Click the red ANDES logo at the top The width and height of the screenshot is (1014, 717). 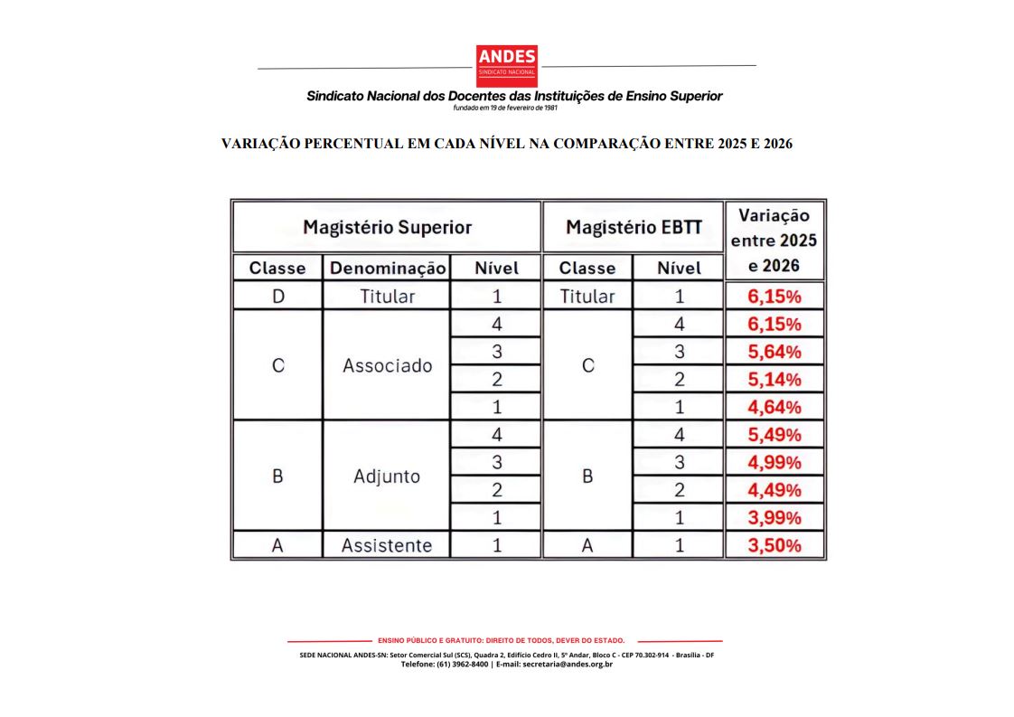(506, 66)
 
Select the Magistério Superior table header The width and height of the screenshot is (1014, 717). (387, 227)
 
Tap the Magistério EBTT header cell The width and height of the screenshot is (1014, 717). (634, 227)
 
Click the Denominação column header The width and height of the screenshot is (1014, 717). (387, 269)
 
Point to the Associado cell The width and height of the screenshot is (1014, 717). (387, 366)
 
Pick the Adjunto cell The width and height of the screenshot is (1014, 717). (387, 476)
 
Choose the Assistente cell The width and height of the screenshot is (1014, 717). (387, 546)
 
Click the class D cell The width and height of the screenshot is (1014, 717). (277, 297)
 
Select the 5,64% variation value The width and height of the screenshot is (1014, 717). (775, 352)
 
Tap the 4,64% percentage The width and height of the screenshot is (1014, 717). (775, 408)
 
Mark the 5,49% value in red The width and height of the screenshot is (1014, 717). (775, 435)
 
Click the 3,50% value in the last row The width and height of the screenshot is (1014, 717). (775, 546)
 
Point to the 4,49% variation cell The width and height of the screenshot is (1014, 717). (775, 490)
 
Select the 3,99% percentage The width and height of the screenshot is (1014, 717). (775, 518)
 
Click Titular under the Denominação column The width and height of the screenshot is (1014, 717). (387, 297)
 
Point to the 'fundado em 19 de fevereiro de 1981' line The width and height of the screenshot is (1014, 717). (505, 108)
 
